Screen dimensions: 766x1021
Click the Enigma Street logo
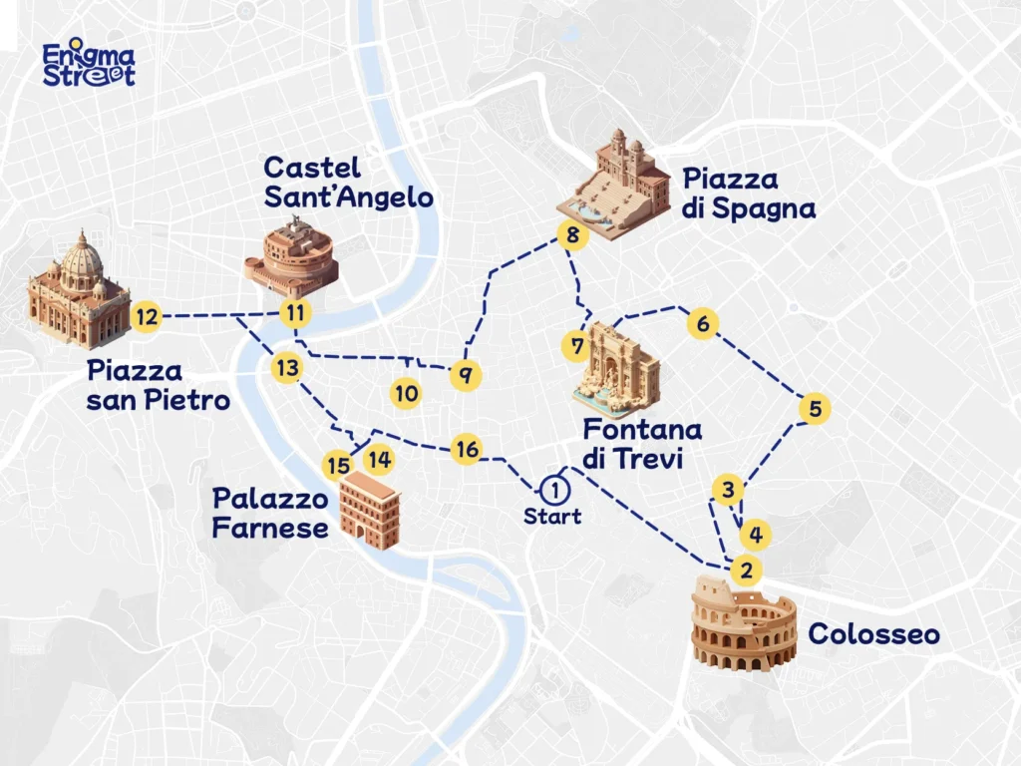click(x=89, y=64)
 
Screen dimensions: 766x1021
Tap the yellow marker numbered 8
click(x=571, y=236)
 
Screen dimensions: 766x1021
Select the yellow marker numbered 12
click(x=147, y=317)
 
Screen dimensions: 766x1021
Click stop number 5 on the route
click(x=815, y=409)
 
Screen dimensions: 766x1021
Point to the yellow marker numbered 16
click(x=466, y=449)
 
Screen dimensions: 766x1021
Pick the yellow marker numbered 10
click(x=406, y=393)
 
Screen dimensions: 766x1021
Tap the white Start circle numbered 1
click(x=551, y=489)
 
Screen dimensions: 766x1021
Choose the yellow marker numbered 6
click(x=703, y=324)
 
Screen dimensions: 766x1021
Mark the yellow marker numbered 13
click(x=286, y=368)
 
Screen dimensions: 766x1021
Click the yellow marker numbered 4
click(x=756, y=535)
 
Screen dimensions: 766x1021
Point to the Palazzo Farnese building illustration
click(x=370, y=510)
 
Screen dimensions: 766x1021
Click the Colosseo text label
click(x=873, y=633)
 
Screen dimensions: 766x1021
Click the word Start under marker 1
click(x=551, y=517)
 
